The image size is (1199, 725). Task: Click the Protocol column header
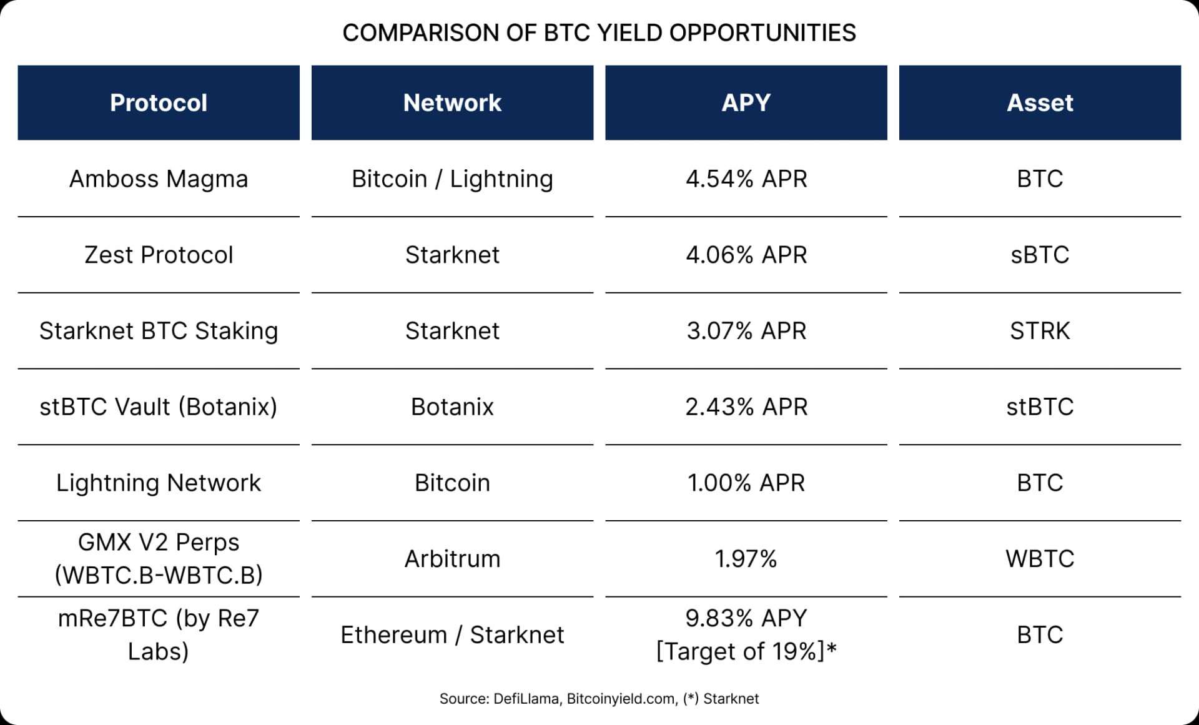pyautogui.click(x=159, y=103)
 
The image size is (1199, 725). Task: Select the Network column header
pyautogui.click(x=452, y=103)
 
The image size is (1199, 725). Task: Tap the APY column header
pyautogui.click(x=746, y=103)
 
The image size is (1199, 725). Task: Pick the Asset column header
pyautogui.click(x=1040, y=103)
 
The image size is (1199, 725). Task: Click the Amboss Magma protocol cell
pyautogui.click(x=159, y=179)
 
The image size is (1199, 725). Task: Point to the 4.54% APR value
pyautogui.click(x=746, y=179)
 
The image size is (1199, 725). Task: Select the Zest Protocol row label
pyautogui.click(x=159, y=255)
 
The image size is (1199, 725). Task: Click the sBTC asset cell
pyautogui.click(x=1040, y=255)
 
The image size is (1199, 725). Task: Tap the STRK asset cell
pyautogui.click(x=1040, y=331)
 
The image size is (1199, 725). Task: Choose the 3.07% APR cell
pyautogui.click(x=746, y=331)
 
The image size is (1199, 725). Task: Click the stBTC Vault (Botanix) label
pyautogui.click(x=159, y=407)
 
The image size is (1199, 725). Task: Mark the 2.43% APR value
pyautogui.click(x=746, y=407)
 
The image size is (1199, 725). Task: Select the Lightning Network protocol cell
pyautogui.click(x=159, y=483)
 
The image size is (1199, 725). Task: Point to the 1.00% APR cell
pyautogui.click(x=746, y=483)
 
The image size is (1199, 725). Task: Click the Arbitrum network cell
pyautogui.click(x=452, y=559)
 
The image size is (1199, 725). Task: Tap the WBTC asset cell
pyautogui.click(x=1040, y=559)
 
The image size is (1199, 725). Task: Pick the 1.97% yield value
pyautogui.click(x=746, y=559)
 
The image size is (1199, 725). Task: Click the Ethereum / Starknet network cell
pyautogui.click(x=452, y=635)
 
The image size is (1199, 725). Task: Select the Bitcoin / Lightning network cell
pyautogui.click(x=452, y=179)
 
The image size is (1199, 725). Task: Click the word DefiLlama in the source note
pyautogui.click(x=526, y=699)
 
